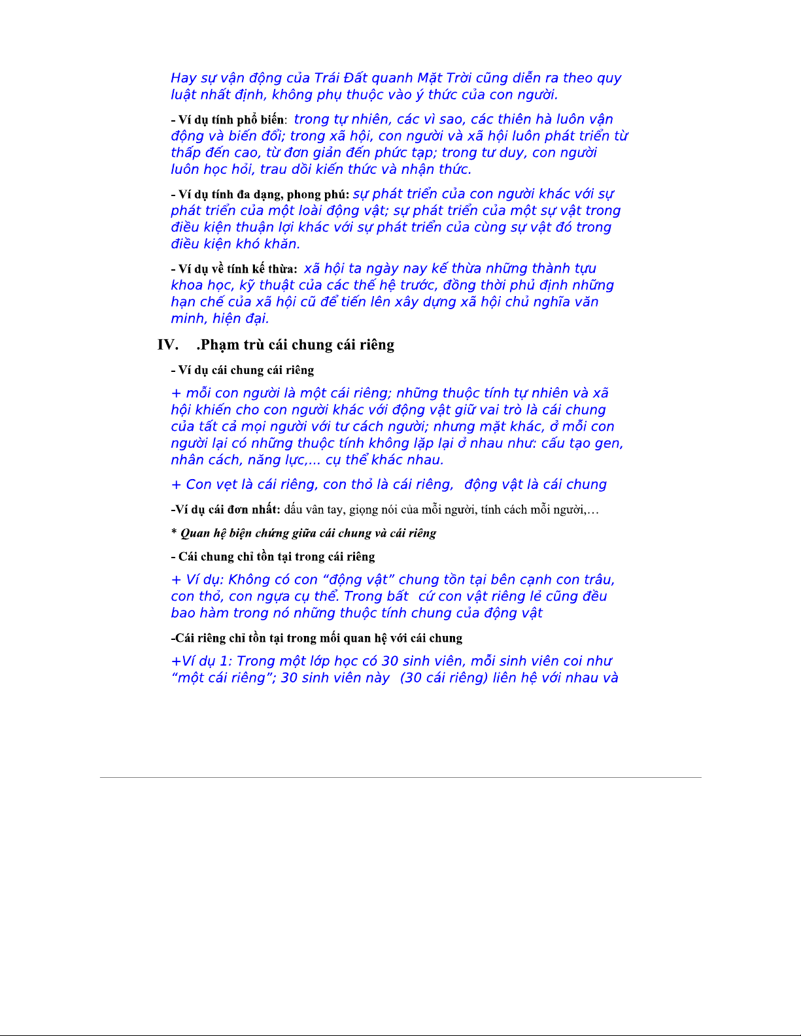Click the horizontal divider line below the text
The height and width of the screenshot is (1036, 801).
click(400, 777)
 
